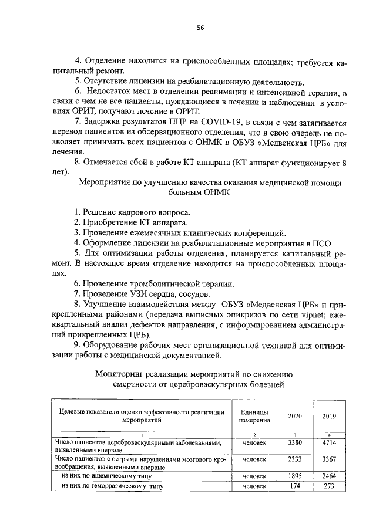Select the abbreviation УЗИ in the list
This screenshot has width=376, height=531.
tap(136, 293)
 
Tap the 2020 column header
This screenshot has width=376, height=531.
tap(295, 415)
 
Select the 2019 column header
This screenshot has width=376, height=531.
tap(329, 415)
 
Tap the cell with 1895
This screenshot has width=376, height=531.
tap(295, 476)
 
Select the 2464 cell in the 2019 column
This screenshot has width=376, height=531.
tap(329, 476)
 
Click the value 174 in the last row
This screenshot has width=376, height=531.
tap(295, 486)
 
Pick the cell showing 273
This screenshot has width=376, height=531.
tap(329, 486)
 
